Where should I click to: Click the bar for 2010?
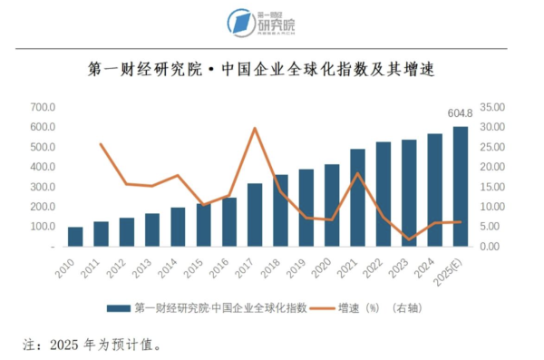point(75,237)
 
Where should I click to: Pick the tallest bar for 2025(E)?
point(461,186)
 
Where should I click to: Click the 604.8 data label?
point(461,113)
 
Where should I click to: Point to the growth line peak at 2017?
point(255,128)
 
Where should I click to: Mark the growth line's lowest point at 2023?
point(410,239)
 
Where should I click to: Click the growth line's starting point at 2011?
point(101,144)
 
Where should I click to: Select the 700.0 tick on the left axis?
point(43,107)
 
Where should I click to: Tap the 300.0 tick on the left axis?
point(43,187)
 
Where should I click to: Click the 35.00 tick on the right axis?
point(492,107)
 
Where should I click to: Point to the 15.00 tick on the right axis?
point(492,187)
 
